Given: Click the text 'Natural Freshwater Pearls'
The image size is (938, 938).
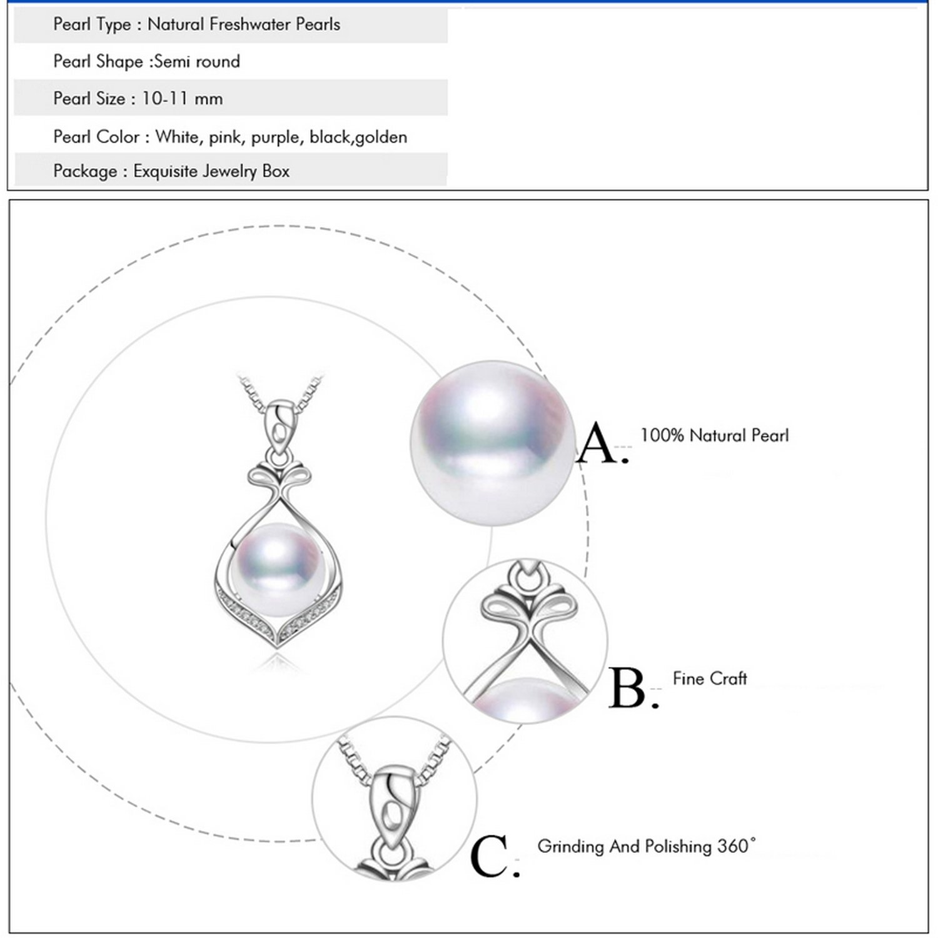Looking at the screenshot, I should point(244,24).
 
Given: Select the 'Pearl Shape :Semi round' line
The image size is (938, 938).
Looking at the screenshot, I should point(146,61).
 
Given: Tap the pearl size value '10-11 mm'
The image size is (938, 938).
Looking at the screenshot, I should point(182,99).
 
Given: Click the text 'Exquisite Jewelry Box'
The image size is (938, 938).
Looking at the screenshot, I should point(211,171).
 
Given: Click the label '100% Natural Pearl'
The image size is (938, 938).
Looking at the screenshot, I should point(714,435).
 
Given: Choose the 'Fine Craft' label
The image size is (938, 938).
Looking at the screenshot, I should point(710,678).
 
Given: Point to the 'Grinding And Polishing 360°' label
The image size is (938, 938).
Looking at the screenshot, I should point(647,846).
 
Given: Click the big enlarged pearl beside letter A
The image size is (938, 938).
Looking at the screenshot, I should point(493,443).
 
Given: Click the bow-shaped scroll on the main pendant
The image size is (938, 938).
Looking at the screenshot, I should point(279,478).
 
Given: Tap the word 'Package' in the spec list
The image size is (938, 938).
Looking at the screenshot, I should point(85,171).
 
